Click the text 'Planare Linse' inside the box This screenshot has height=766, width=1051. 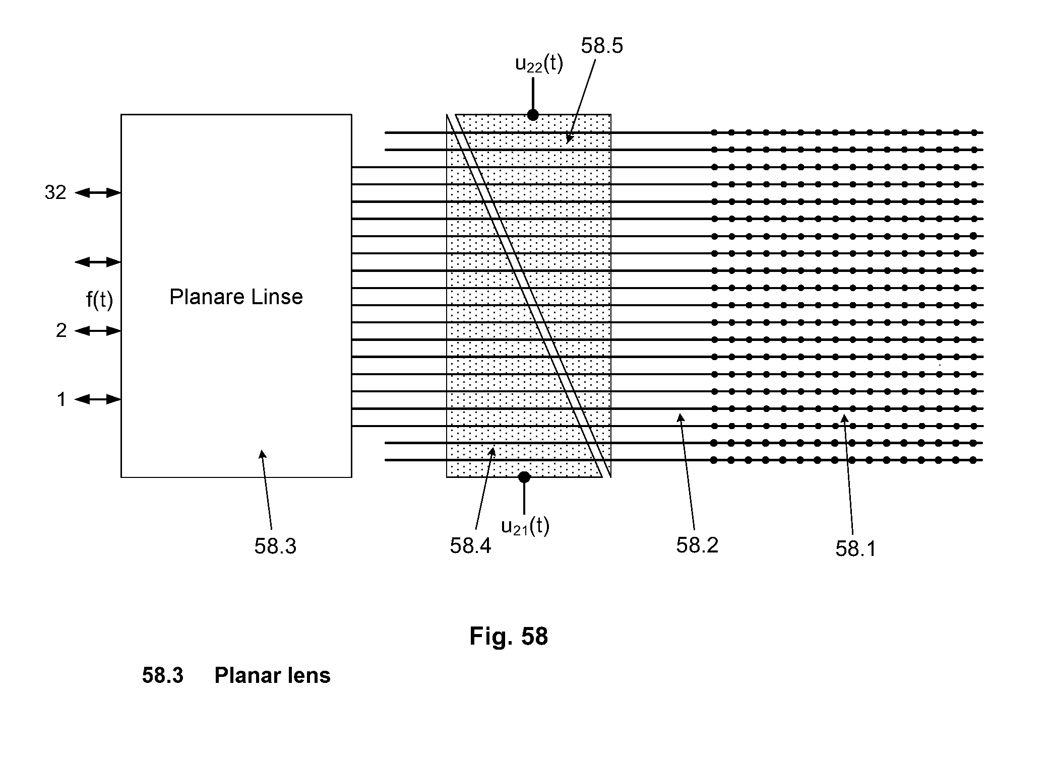(x=236, y=297)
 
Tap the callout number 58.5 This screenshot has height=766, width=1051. (x=602, y=46)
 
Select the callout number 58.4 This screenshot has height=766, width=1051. (x=470, y=545)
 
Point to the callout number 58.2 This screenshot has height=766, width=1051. (x=697, y=545)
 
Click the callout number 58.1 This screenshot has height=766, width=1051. (x=856, y=548)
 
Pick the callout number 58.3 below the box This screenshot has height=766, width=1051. (x=275, y=546)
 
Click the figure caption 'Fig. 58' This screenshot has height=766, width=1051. (x=509, y=636)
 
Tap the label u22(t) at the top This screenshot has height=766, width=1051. (x=539, y=64)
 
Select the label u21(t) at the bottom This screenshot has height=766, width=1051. (x=525, y=526)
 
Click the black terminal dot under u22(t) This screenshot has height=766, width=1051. (x=533, y=115)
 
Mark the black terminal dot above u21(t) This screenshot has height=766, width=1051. (x=524, y=476)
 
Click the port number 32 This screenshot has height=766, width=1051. (x=55, y=192)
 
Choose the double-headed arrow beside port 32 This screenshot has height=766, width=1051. (x=98, y=192)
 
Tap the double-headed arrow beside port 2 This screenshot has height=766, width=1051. (x=98, y=330)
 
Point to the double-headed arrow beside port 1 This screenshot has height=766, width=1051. (x=98, y=399)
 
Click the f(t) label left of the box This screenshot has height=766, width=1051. (x=100, y=300)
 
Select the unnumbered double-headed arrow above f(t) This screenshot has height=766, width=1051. (x=98, y=262)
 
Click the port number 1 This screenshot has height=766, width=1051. (x=61, y=399)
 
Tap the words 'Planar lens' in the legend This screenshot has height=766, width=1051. (x=272, y=675)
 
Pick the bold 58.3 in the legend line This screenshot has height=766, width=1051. (x=163, y=675)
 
